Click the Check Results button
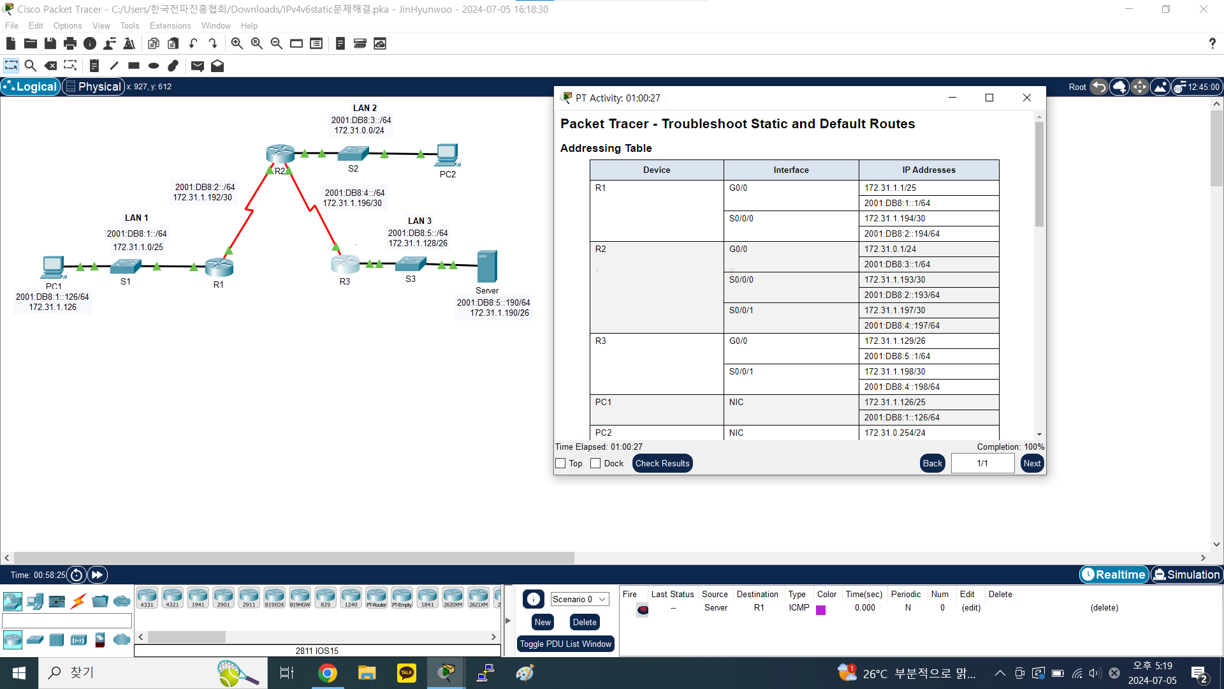coord(662,464)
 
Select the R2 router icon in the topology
coord(280,154)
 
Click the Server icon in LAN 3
coord(487,266)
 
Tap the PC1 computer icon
coord(53,267)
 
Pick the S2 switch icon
coord(353,153)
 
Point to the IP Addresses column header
coord(928,170)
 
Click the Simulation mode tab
coord(1187,575)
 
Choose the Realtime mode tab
coord(1114,575)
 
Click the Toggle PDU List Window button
coord(565,644)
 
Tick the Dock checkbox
coord(595,464)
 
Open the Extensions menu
coord(170,26)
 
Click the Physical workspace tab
coord(93,87)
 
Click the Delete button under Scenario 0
coord(585,623)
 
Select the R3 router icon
coord(345,263)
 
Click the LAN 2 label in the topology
coord(365,108)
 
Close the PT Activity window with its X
coord(1026,98)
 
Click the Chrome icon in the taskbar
coord(328,673)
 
